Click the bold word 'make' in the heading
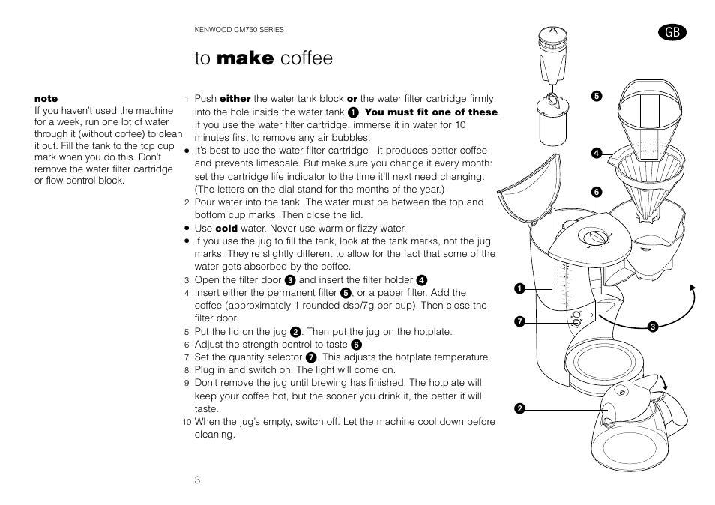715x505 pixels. point(245,58)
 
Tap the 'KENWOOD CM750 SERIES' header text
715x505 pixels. point(239,30)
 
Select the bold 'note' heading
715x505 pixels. point(46,98)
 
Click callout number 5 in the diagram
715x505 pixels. point(597,96)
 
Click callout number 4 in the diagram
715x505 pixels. point(597,153)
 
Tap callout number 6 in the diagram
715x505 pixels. point(597,192)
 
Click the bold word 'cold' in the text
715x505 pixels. point(226,228)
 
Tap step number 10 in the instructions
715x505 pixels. point(187,422)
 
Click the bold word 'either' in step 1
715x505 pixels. point(235,98)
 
